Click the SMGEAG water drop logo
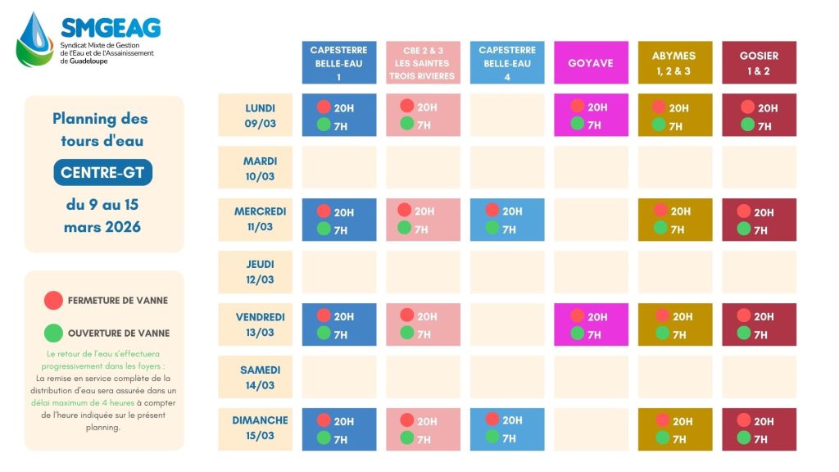(35, 39)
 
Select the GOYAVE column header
(591, 63)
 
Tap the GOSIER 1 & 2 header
(759, 63)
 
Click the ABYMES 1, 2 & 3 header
(674, 63)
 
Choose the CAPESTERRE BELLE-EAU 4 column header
(507, 63)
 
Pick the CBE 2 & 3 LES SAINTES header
(424, 63)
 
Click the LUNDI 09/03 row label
(260, 116)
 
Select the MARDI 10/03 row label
(260, 168)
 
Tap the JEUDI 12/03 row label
(260, 272)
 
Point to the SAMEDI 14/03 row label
(260, 377)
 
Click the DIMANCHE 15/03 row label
(260, 429)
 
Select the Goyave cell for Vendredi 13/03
(591, 324)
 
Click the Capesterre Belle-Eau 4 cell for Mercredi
(507, 220)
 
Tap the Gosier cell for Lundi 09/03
(759, 116)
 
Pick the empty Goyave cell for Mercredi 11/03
(591, 220)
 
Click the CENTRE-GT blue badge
(103, 173)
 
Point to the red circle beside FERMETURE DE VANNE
(53, 301)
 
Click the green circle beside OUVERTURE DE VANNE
(53, 334)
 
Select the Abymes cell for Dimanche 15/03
(674, 429)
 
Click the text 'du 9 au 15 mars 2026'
(103, 216)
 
